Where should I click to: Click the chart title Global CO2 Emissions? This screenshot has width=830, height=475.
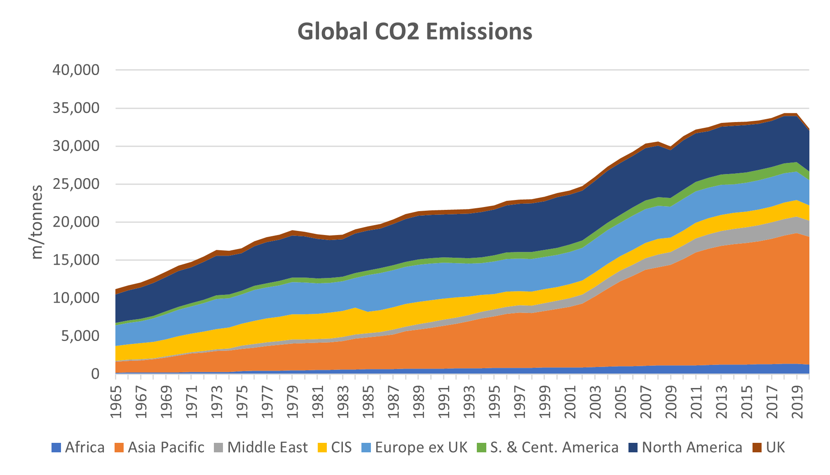click(415, 32)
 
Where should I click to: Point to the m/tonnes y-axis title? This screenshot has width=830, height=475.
click(37, 222)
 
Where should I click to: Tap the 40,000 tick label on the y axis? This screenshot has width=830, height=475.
click(76, 70)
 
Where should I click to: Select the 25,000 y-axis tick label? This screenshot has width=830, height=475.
click(76, 184)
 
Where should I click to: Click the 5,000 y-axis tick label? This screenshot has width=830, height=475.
click(80, 336)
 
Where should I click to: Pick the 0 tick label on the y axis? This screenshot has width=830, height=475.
click(95, 374)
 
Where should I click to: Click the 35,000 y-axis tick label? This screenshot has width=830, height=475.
click(76, 108)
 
